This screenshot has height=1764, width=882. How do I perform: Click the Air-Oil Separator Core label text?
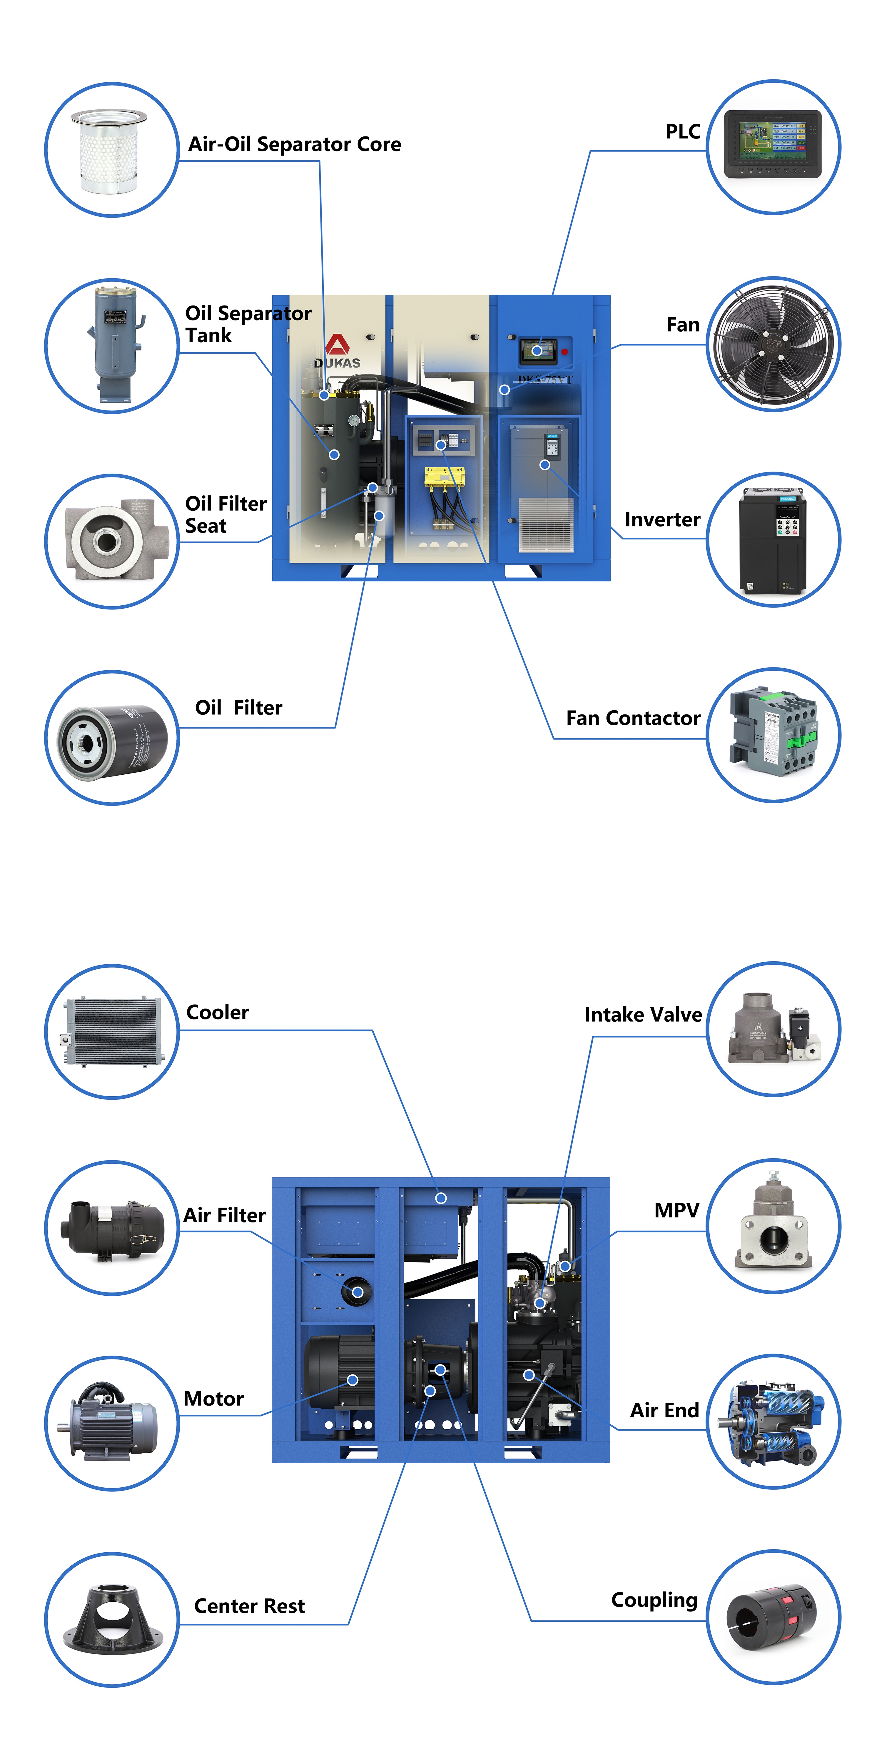click(295, 144)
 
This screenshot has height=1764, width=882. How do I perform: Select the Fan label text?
click(683, 325)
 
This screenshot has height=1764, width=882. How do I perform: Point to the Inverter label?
click(662, 520)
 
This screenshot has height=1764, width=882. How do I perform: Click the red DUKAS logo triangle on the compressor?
click(337, 345)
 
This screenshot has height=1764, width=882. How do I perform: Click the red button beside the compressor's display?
click(564, 352)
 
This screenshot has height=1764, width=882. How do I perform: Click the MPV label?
click(676, 1210)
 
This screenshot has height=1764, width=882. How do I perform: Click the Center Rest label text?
click(249, 1606)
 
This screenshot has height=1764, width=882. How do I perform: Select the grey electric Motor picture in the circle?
click(112, 1421)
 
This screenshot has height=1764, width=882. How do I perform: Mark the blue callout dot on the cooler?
click(441, 1198)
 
